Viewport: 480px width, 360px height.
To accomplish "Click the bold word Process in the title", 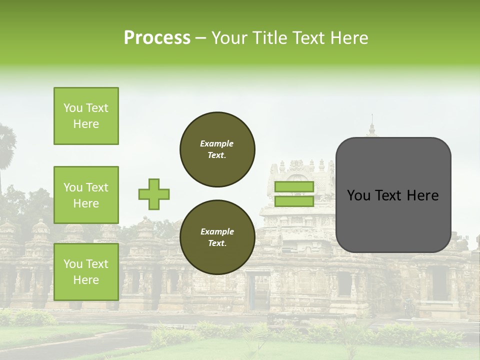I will pos(157,38).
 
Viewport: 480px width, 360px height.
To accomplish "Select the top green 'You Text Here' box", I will pos(86,116).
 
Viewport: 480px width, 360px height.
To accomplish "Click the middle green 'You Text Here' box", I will pos(86,195).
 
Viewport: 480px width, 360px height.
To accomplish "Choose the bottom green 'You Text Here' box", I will pos(86,271).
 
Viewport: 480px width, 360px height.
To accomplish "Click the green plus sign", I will pos(154,194).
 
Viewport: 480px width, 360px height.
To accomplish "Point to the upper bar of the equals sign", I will pos(294,186).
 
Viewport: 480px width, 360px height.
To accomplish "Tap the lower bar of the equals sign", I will pos(294,201).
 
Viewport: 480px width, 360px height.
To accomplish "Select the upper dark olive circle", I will pos(217,149).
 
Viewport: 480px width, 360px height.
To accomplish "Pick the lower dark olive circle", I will pos(217,237).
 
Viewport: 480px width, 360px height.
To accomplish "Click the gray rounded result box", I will pos(393,195).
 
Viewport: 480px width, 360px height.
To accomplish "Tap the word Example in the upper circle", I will pos(216,143).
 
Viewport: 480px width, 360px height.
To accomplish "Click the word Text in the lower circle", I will pos(216,243).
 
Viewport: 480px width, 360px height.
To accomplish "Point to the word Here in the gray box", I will pos(422,195).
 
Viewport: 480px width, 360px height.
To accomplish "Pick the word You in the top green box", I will pos(72,108).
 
